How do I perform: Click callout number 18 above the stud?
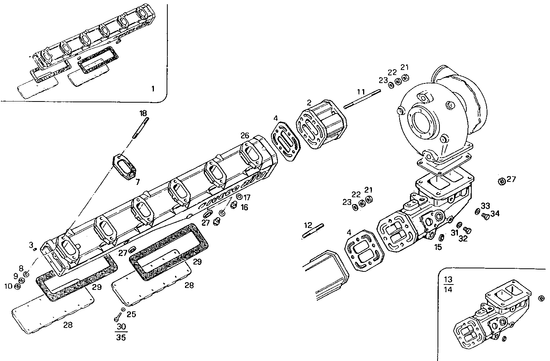tap(143, 113)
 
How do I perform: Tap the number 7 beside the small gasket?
tap(137, 181)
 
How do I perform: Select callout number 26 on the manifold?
tap(245, 136)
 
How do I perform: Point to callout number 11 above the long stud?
tap(360, 92)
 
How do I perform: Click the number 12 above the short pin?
tap(308, 225)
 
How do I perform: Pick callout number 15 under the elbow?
tap(438, 246)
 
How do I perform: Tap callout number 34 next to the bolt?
tap(495, 213)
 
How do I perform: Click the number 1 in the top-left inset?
tap(152, 89)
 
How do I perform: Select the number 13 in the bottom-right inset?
tap(448, 279)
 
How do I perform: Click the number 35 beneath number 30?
tap(121, 338)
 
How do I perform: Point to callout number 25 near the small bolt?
tap(131, 314)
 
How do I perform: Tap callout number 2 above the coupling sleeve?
tap(309, 103)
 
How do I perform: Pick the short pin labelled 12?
tap(314, 231)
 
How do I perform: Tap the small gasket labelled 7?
tap(125, 168)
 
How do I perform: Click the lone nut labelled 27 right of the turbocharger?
tap(501, 181)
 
